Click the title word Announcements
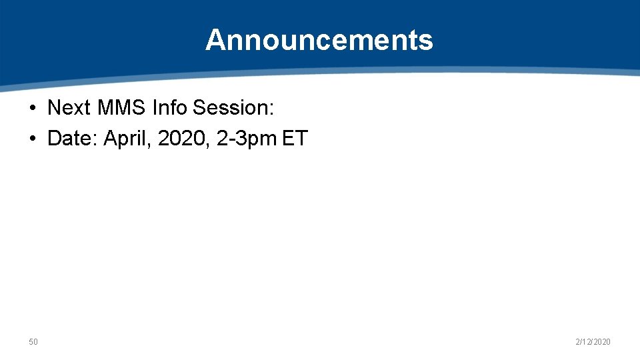[319, 40]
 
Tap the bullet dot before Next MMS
[33, 107]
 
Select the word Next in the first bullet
[69, 107]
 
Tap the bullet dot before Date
[33, 139]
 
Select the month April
[125, 139]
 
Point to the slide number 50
[33, 342]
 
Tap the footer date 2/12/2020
[593, 342]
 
